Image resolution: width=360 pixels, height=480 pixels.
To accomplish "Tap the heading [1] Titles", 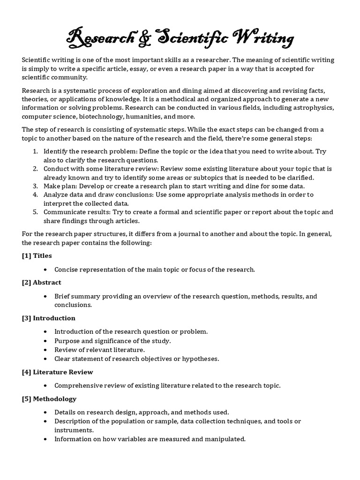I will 37,255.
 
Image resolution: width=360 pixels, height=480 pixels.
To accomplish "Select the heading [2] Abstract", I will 41,283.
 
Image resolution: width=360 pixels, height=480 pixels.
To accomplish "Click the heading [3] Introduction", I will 48,318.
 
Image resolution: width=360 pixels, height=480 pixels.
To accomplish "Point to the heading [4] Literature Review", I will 57,372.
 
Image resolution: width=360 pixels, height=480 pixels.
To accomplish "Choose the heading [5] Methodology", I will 49,399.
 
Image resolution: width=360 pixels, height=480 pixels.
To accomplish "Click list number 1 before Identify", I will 36,151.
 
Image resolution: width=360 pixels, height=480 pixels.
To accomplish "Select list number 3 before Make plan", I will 36,186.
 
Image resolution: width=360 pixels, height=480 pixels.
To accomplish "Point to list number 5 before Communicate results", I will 36,212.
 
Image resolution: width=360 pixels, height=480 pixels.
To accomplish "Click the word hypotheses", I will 203,359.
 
